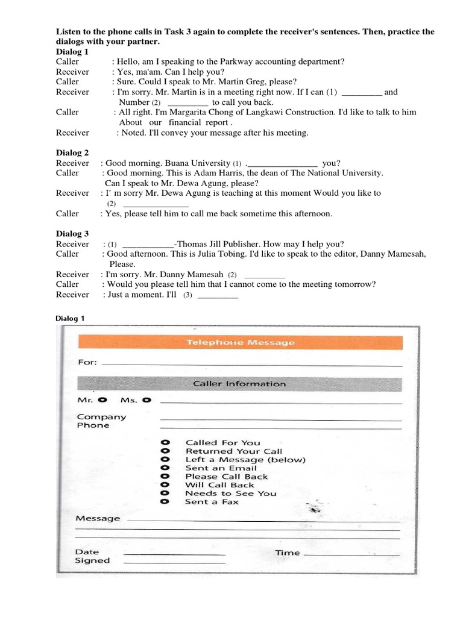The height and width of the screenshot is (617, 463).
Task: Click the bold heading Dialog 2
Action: click(x=72, y=153)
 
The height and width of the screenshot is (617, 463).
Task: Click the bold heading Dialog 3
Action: click(x=72, y=234)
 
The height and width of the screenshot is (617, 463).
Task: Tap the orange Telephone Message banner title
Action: click(x=240, y=342)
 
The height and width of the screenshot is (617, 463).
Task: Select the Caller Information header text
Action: click(x=239, y=384)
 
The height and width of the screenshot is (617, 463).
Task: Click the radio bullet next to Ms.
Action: click(x=146, y=399)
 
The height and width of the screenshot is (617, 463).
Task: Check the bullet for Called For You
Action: click(x=165, y=443)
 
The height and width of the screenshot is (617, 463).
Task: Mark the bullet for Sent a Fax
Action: click(x=165, y=502)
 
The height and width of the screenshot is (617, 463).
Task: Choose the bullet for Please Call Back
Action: click(x=165, y=477)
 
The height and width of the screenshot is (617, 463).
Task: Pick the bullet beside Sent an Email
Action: click(x=165, y=468)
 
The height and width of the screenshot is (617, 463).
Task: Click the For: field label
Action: click(x=87, y=363)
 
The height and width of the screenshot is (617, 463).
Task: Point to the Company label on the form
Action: click(x=101, y=417)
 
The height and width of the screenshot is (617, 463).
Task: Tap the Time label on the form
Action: click(x=288, y=553)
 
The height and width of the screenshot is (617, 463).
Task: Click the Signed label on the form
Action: click(x=92, y=560)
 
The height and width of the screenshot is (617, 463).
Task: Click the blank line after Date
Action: click(x=174, y=553)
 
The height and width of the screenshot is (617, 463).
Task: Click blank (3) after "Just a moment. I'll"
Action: click(x=218, y=295)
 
